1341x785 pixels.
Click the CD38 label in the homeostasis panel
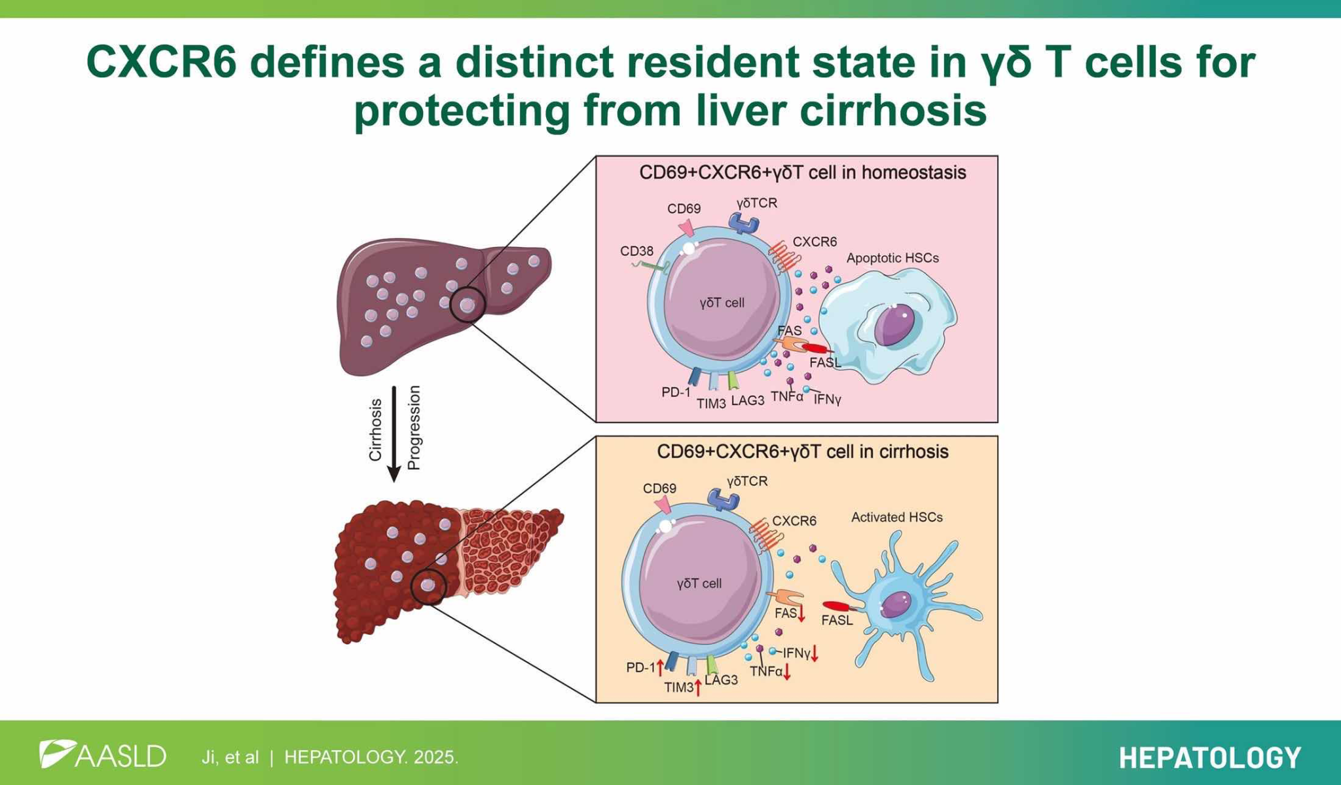[x=636, y=252]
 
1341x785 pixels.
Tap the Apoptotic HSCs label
[x=892, y=258]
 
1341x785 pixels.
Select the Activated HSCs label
[x=897, y=517]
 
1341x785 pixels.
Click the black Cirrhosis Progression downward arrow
[x=394, y=434]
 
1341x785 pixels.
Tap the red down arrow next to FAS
[x=801, y=614]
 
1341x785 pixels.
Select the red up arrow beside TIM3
[x=699, y=687]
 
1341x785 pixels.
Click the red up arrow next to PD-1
[x=661, y=668]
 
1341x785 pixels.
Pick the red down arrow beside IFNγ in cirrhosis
[x=815, y=653]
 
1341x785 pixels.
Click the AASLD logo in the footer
[x=103, y=755]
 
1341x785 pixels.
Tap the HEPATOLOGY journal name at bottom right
[x=1210, y=757]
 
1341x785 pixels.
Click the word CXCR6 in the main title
[x=161, y=63]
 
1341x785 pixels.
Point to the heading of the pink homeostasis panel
[x=803, y=172]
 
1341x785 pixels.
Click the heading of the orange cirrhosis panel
[x=803, y=451]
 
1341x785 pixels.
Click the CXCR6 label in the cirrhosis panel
[x=794, y=521]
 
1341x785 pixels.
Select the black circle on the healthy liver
[x=468, y=305]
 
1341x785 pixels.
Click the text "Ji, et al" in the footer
[x=230, y=757]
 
